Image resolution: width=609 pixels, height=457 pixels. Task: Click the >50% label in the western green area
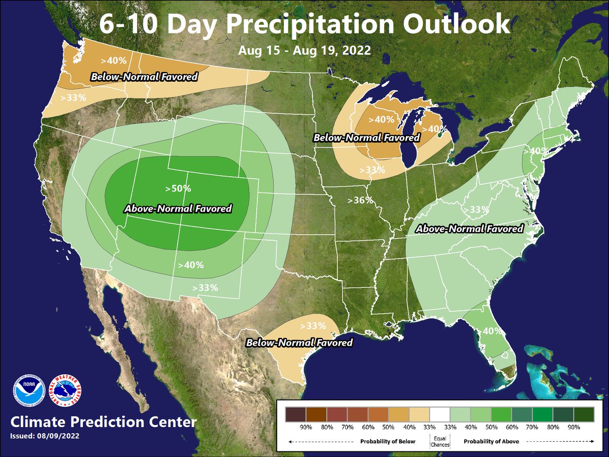click(x=178, y=188)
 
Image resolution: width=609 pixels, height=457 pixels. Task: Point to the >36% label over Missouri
click(x=360, y=200)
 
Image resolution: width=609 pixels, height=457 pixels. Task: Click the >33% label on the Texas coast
click(x=313, y=325)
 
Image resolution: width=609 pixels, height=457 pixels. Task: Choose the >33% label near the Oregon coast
click(x=73, y=97)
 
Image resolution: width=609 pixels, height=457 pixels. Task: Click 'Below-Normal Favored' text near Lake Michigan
click(x=366, y=138)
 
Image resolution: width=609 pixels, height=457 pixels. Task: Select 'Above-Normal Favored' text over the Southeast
click(x=469, y=229)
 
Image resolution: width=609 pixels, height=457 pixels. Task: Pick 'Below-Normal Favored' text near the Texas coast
click(x=299, y=343)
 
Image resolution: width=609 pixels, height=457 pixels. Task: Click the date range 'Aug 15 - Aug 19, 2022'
click(x=304, y=51)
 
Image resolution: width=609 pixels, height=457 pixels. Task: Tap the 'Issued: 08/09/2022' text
click(x=44, y=436)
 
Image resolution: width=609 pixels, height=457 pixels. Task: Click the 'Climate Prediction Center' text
click(x=103, y=422)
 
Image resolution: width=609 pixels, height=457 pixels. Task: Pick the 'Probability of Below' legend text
click(x=387, y=441)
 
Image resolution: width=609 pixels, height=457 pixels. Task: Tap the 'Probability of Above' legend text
click(x=491, y=441)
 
